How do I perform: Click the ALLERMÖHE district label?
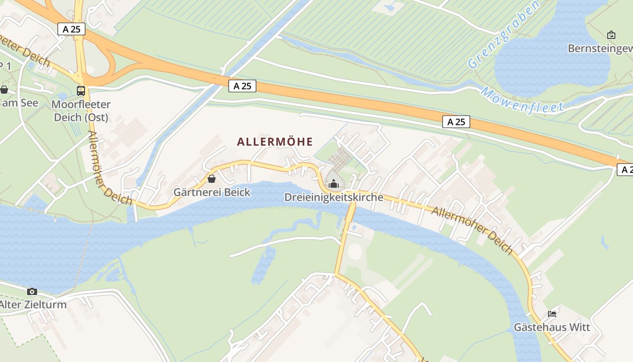coord(275,142)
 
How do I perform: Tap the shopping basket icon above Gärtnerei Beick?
coord(211,179)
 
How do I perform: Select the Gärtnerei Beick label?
coord(212,192)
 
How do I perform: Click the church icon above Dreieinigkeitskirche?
coord(334,184)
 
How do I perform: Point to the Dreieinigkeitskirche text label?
coord(334,197)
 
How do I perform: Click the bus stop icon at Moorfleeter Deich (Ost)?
coord(81,90)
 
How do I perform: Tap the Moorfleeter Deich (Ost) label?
coord(81,111)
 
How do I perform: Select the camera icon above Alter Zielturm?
coord(32,291)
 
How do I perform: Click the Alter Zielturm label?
coord(33,304)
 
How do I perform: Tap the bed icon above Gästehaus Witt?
coord(552,314)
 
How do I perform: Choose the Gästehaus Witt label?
coord(552,327)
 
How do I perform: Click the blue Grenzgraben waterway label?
coord(504,35)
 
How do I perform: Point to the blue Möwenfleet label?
coord(522,100)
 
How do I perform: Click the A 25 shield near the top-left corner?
coord(71,29)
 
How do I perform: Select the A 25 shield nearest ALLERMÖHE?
coord(242,86)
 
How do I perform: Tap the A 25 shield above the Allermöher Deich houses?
coord(456,122)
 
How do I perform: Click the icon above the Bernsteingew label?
coord(611,35)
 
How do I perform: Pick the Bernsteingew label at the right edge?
coord(600,48)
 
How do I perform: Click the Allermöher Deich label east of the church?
coord(472,230)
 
